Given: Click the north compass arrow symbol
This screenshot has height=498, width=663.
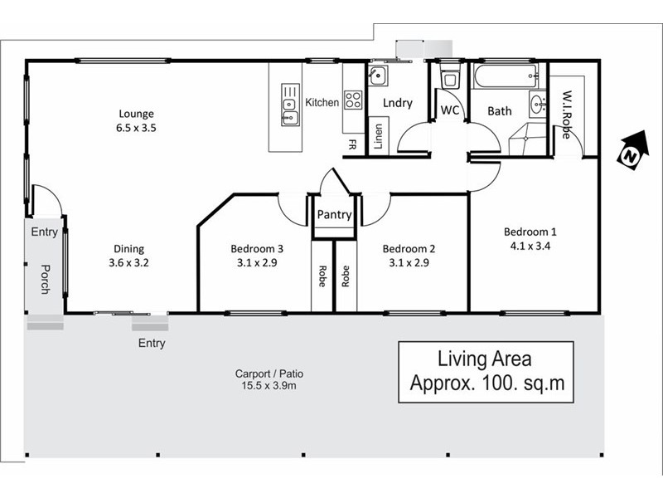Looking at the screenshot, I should pos(632,152).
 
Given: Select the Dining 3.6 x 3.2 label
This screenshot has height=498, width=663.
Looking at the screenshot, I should pos(129,255).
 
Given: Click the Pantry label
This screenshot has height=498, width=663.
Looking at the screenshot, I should pos(335,215).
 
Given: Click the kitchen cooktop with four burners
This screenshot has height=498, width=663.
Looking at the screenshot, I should pos(353,100).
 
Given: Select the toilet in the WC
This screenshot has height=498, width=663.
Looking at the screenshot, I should pos(450,80).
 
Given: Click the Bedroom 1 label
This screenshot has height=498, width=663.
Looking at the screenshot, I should pos(530,238).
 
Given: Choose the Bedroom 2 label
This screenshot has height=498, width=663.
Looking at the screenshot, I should pos(409,255).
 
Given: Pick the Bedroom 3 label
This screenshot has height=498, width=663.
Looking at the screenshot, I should pos(257,255).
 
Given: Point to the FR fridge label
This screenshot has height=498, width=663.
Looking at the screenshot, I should pos(352,144).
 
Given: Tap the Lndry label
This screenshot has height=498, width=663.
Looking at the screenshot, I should pos(397,103).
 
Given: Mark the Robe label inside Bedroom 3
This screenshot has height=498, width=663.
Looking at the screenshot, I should pos(321,276).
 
